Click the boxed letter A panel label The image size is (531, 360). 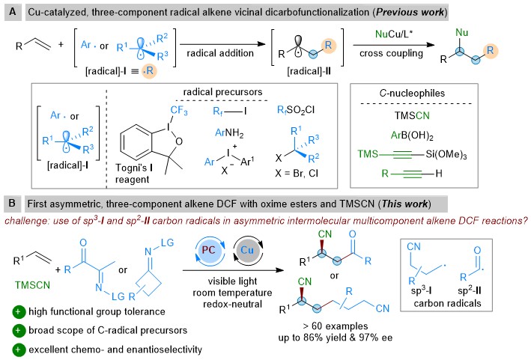(x=10, y=11)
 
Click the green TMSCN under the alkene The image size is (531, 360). (x=25, y=285)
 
